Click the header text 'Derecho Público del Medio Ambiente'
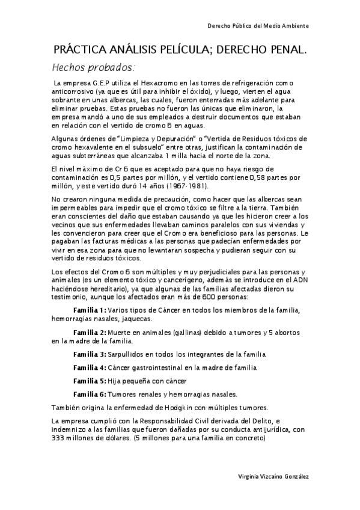click(258, 26)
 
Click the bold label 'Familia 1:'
click(89, 310)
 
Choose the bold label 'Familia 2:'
click(89, 333)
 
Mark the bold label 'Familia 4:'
click(89, 367)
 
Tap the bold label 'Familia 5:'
click(89, 381)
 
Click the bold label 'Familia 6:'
click(89, 395)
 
